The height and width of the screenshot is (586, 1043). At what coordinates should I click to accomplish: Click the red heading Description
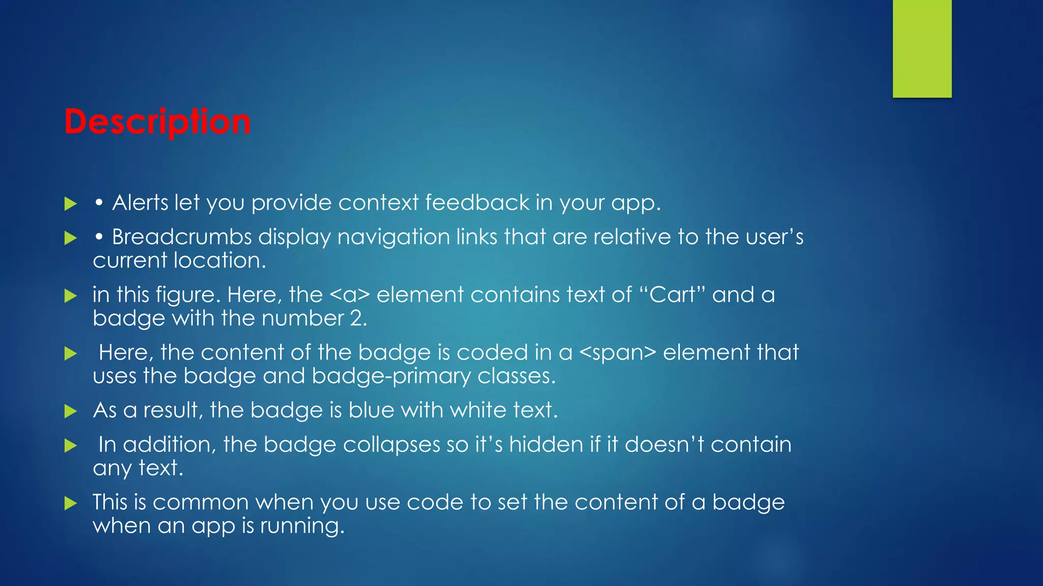(157, 122)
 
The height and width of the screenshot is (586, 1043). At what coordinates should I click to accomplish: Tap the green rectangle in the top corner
(922, 48)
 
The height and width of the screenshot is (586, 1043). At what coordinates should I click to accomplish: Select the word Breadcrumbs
(182, 237)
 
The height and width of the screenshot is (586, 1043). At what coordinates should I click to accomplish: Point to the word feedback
(477, 202)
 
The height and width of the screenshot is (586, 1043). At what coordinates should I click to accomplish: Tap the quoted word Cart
(672, 295)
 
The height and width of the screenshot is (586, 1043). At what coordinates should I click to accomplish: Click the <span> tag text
(618, 353)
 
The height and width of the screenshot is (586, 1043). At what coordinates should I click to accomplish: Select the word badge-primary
(392, 376)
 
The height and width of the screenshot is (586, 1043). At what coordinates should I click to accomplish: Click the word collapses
(391, 445)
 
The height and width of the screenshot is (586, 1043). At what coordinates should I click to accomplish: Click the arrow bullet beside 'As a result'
(70, 411)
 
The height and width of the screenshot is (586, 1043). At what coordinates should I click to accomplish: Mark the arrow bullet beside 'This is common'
(70, 504)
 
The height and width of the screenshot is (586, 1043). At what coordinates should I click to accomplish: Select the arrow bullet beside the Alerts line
(70, 204)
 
